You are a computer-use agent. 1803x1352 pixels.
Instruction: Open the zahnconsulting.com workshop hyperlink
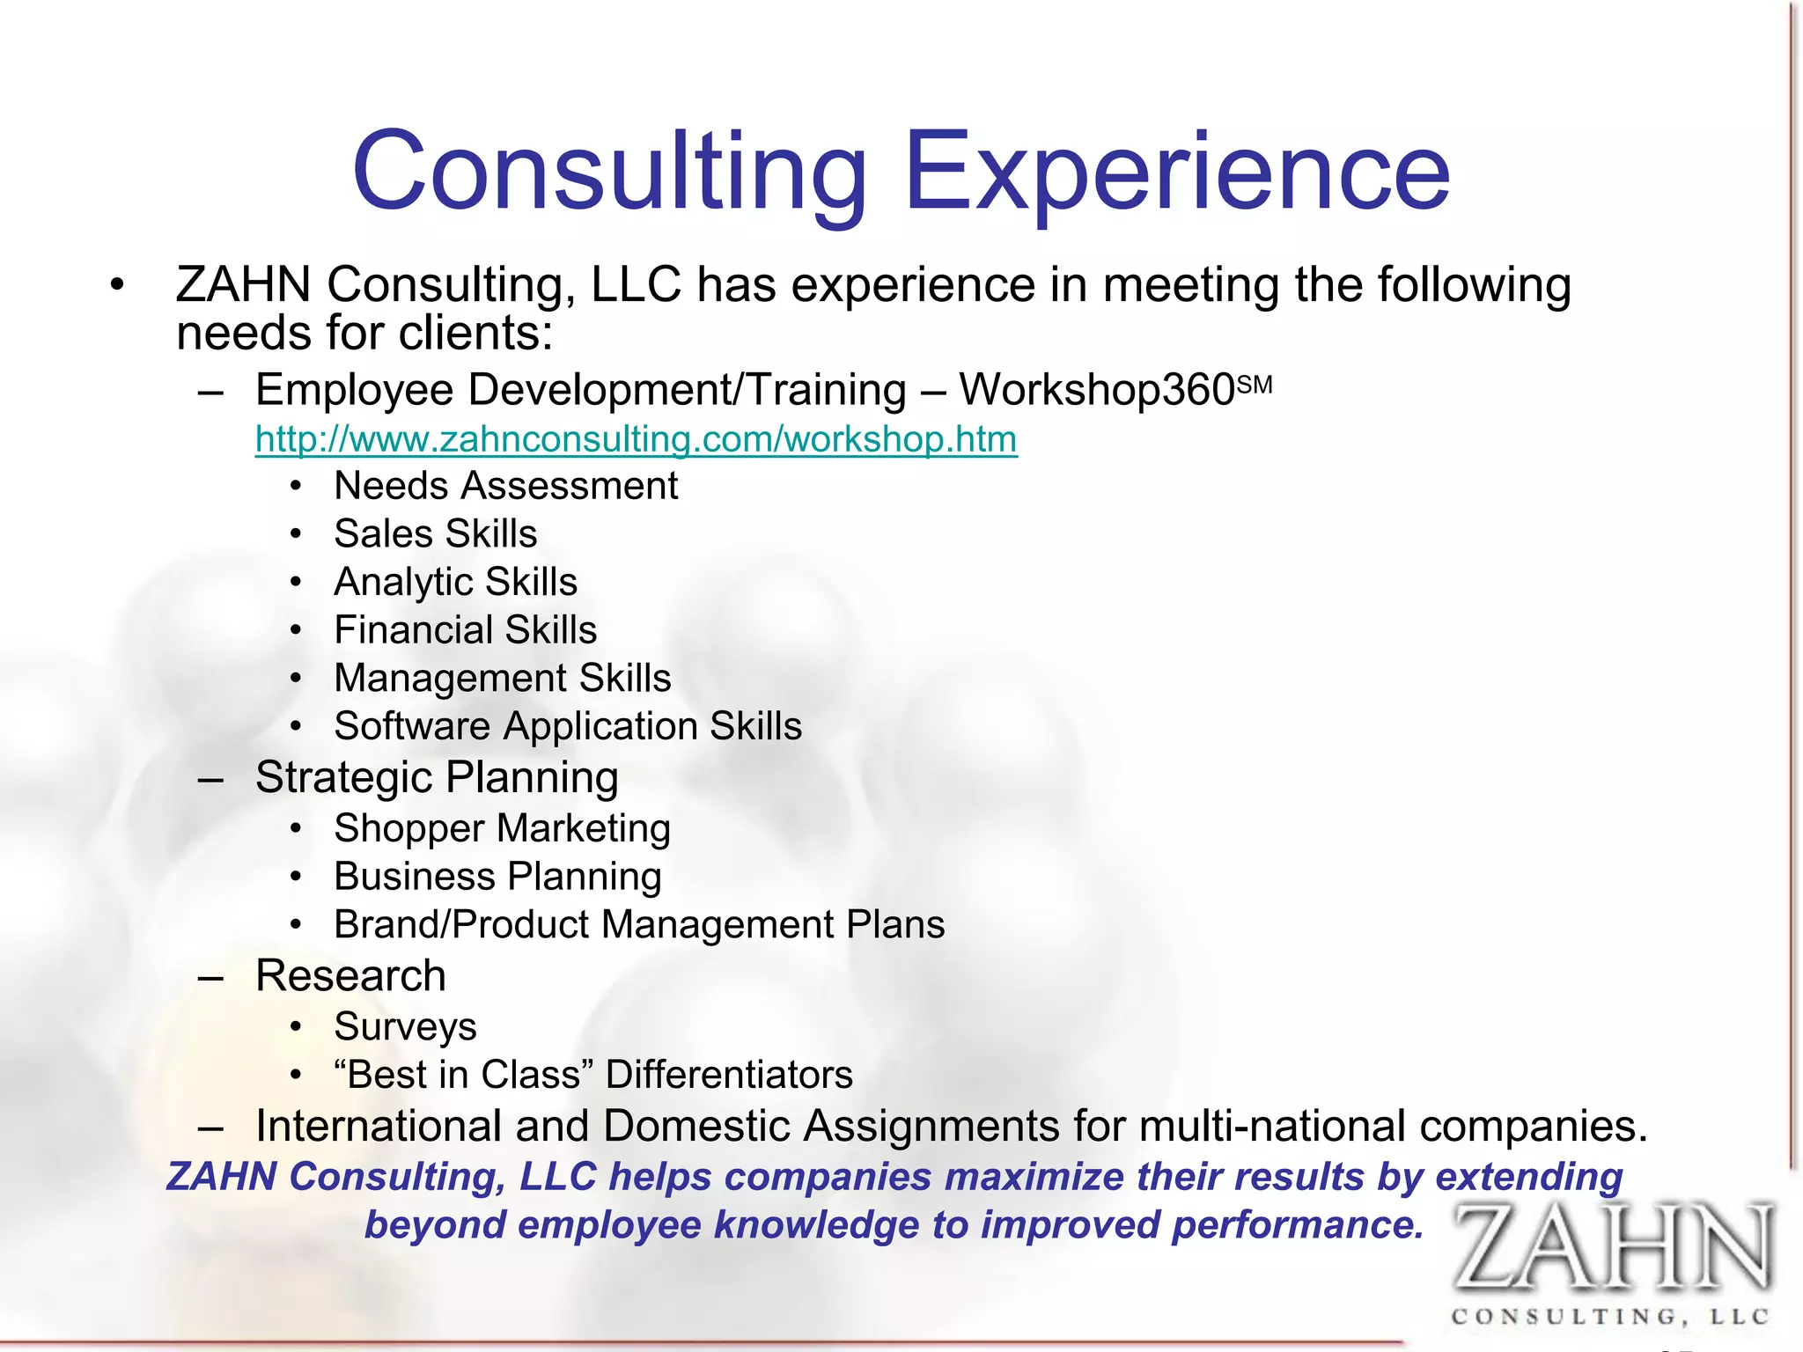pos(636,439)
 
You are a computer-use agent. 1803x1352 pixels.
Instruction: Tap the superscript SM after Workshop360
pos(1255,386)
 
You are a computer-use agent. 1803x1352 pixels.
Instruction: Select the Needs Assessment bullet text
pos(505,486)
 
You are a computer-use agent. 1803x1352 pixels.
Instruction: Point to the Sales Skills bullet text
pos(435,534)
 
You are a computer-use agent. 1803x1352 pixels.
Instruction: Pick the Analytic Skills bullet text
pos(455,582)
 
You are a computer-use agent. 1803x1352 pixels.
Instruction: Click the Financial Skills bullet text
pos(465,630)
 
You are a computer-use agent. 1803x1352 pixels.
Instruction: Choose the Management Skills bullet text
pos(502,679)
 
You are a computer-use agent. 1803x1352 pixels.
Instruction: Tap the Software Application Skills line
pos(568,726)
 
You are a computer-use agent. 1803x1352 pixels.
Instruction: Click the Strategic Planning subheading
pos(437,778)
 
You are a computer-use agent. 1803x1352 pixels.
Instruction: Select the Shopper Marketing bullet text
pos(502,828)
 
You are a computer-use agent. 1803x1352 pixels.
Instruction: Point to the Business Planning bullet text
pos(497,877)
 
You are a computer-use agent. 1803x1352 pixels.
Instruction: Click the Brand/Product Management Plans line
pos(639,924)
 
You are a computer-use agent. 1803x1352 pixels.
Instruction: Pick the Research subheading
pos(350,976)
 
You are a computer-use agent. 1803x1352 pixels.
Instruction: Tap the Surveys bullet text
pos(405,1027)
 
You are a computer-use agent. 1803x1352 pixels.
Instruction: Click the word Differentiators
pos(729,1075)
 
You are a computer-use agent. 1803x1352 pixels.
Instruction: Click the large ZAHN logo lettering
pos(1611,1248)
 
